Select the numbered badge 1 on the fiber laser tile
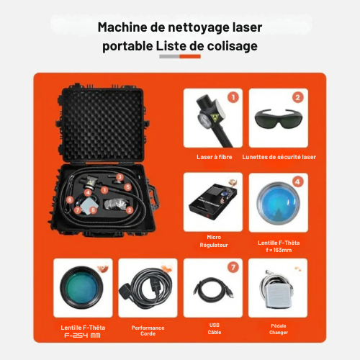tap(233, 97)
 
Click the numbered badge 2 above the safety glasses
tap(298, 97)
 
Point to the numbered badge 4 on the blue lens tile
tap(297, 181)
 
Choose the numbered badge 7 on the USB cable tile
tap(233, 267)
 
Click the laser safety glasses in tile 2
tap(279, 119)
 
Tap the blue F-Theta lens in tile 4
tap(278, 204)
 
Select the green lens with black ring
tap(81, 287)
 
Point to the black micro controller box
tap(213, 202)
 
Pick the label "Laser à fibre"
tap(215, 157)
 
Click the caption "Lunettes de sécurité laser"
tap(279, 157)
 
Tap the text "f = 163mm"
tap(279, 250)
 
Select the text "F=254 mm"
tap(82, 336)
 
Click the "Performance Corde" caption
tap(148, 330)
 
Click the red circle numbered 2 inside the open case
tap(130, 210)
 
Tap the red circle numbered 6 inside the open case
tap(70, 199)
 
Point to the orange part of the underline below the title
tap(190, 56)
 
